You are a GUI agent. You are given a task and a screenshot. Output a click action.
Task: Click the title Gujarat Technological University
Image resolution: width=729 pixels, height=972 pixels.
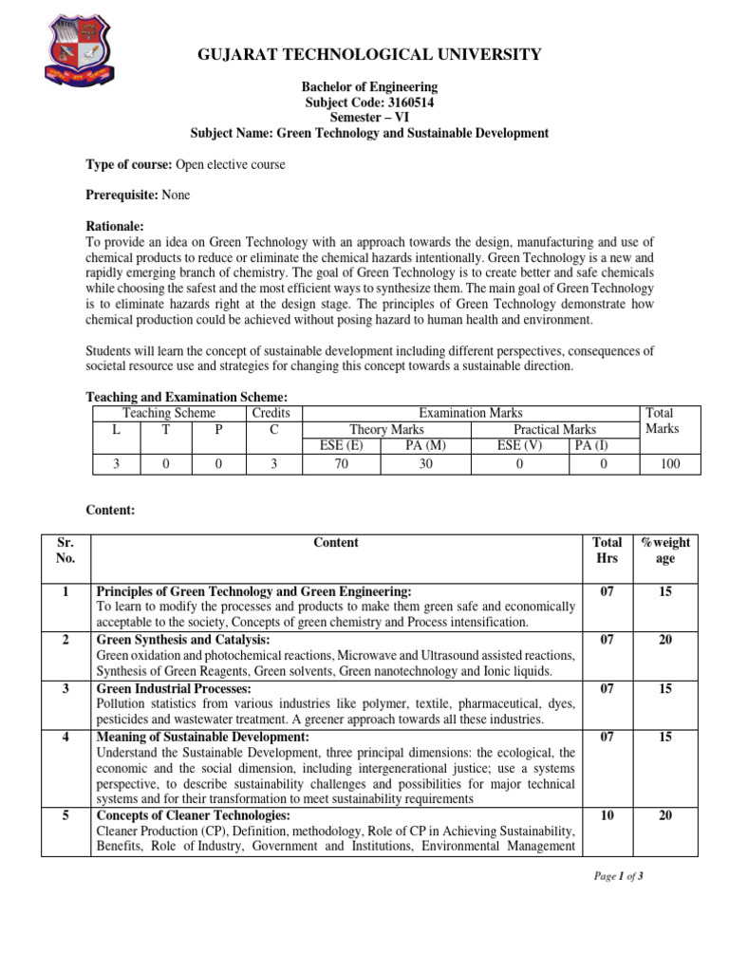(369, 54)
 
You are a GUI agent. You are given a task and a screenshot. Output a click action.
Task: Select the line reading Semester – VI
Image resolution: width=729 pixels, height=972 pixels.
(369, 117)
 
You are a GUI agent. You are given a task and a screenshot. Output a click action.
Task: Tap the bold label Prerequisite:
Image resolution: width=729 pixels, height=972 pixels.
(122, 195)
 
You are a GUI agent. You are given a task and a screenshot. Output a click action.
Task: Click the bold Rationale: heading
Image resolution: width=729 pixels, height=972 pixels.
(115, 226)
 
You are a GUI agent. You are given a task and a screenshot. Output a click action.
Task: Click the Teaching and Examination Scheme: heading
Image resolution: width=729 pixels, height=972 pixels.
(186, 397)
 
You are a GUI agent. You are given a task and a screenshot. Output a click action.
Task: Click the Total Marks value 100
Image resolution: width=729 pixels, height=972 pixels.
(671, 464)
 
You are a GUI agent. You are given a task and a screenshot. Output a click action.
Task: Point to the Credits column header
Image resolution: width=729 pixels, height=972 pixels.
(271, 413)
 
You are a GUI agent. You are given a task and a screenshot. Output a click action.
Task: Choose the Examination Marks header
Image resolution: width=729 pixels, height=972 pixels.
(471, 413)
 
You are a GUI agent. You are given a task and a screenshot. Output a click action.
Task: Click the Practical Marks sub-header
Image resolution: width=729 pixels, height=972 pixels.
(553, 429)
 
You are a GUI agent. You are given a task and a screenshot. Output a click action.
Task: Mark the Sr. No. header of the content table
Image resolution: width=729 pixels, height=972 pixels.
(65, 551)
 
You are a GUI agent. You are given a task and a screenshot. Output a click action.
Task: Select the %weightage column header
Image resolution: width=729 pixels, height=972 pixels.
(665, 551)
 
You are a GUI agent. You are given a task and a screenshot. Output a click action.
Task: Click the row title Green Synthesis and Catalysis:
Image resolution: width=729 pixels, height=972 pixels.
(183, 640)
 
